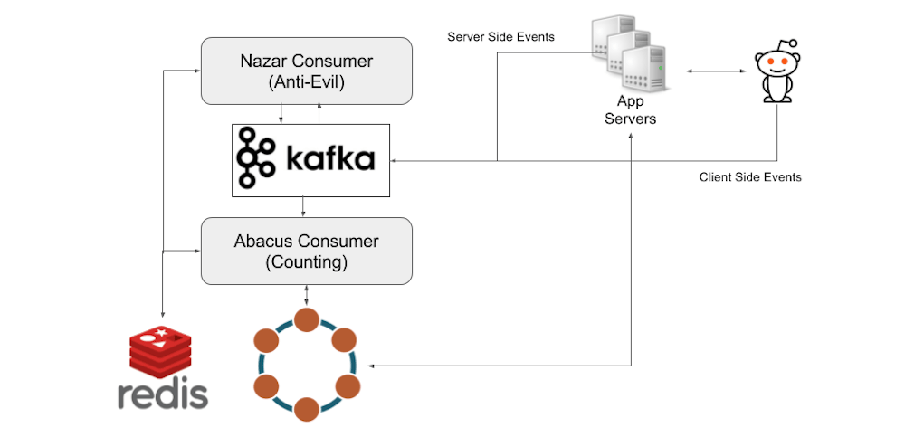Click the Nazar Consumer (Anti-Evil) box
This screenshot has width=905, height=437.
click(306, 71)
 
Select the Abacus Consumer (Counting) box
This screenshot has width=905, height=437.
click(306, 251)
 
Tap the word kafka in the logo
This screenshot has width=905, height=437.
click(329, 161)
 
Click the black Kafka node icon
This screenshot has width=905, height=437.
click(256, 159)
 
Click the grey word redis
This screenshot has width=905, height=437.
click(163, 394)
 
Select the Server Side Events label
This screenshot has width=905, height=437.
click(501, 37)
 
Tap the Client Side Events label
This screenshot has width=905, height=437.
click(750, 176)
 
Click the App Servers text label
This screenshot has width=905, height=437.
click(631, 109)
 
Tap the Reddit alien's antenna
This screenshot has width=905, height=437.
click(789, 44)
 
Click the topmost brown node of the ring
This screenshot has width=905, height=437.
click(307, 319)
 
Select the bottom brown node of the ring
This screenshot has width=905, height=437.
click(307, 409)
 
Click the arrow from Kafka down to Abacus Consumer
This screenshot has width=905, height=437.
click(302, 207)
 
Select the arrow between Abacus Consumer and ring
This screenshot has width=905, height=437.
click(307, 295)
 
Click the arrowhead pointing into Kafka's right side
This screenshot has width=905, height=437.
click(395, 161)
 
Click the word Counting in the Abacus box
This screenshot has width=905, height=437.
click(306, 262)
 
